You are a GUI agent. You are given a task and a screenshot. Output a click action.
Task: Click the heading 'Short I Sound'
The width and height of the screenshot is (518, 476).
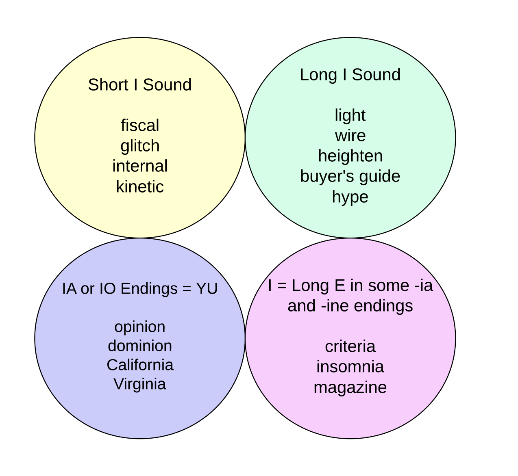(x=139, y=85)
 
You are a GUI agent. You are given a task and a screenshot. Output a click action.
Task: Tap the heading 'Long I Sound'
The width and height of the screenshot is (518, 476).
(x=350, y=75)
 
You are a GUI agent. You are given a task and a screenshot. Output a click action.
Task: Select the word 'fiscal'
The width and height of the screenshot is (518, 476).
(x=140, y=125)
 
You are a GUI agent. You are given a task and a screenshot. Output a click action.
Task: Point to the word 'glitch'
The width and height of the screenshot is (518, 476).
(x=140, y=146)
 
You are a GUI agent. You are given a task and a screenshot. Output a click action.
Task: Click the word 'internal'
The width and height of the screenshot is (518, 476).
(x=140, y=166)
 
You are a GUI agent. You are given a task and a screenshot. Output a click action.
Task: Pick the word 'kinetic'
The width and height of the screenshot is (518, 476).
(x=140, y=187)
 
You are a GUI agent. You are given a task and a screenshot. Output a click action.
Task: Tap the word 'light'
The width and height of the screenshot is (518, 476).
(x=350, y=115)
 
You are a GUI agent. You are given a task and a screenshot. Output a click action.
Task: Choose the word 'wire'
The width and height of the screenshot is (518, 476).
(x=350, y=136)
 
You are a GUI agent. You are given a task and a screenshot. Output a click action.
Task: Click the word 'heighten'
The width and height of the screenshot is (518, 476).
(x=350, y=156)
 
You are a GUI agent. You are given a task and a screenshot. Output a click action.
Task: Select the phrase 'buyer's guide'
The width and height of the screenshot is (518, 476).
(x=350, y=176)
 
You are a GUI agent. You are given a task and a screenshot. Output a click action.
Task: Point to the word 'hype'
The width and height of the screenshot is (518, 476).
(x=350, y=197)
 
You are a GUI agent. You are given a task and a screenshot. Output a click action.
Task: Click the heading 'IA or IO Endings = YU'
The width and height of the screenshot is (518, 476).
(x=140, y=289)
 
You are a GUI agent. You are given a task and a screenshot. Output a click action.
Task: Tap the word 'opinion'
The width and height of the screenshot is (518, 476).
(x=140, y=327)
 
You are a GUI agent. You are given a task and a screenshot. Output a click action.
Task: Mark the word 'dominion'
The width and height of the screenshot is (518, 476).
(x=140, y=346)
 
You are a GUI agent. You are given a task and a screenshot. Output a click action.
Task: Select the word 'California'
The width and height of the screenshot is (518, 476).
(x=140, y=365)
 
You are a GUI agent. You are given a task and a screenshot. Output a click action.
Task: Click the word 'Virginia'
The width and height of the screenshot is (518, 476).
(x=140, y=384)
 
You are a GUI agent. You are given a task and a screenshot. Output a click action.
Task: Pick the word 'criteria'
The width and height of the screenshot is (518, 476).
(x=350, y=346)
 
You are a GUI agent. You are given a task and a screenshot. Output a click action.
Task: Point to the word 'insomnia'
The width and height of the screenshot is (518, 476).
(x=350, y=367)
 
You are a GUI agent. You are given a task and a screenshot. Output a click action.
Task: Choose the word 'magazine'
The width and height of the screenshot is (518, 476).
(x=350, y=387)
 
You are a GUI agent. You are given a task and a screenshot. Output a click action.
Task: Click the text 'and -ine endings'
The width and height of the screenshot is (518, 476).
(x=350, y=306)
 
